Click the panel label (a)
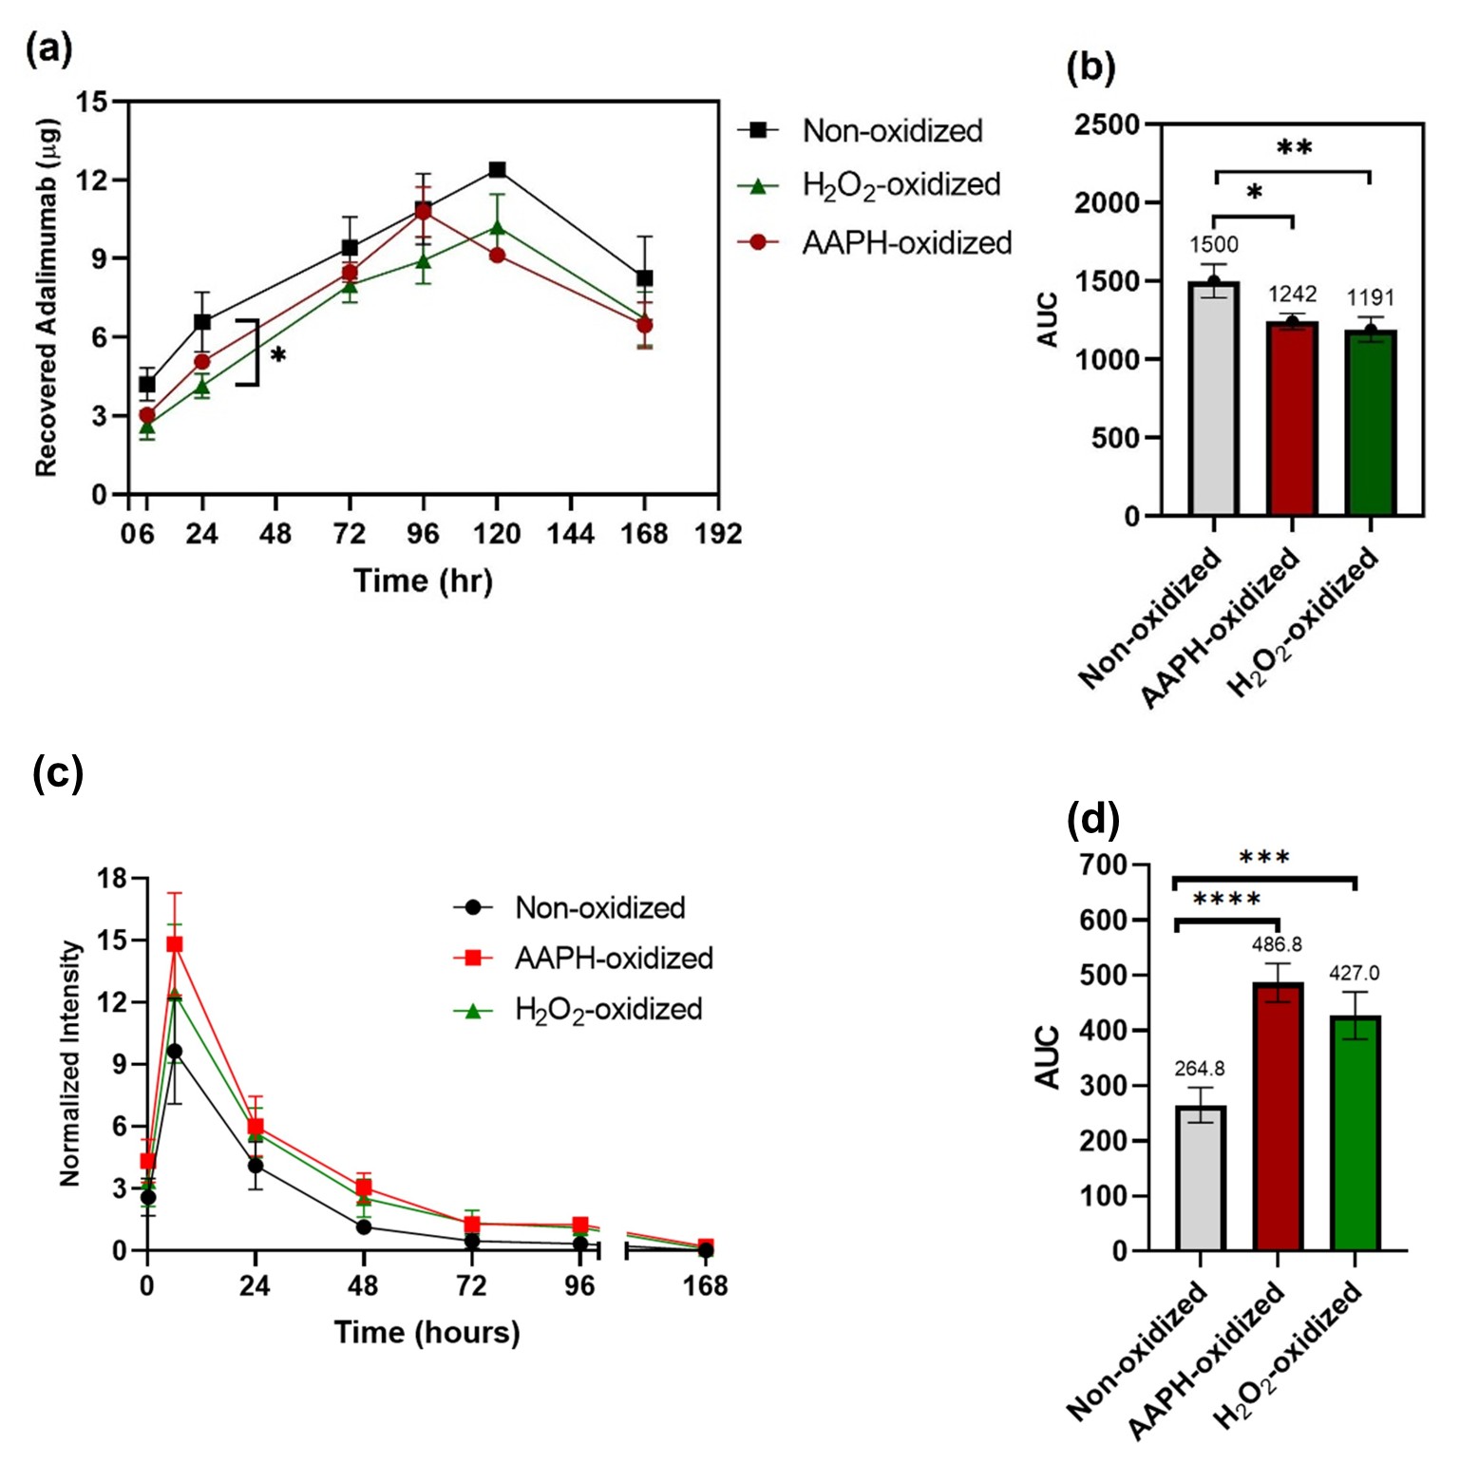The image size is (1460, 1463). point(49,48)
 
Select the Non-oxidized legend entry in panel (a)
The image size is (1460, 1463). point(891,131)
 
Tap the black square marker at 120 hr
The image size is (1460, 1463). point(497,170)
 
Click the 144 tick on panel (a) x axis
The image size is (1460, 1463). point(570,534)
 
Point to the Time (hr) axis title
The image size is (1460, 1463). point(423,580)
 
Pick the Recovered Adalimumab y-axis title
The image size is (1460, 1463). point(47,297)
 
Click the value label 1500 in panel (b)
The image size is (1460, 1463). point(1214,245)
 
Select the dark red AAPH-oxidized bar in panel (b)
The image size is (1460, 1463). point(1292,418)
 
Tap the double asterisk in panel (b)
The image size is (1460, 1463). point(1294,148)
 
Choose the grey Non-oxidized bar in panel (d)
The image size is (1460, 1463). point(1201,1178)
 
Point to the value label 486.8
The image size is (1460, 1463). point(1277,944)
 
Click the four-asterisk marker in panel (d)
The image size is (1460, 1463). point(1226,900)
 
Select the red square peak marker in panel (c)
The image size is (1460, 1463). point(175,944)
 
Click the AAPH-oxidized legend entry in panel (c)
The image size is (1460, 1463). point(613,959)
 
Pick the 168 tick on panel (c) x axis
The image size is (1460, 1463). point(705,1286)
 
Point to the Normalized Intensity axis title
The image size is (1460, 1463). point(70,1063)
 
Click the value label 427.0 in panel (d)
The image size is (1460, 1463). point(1355,974)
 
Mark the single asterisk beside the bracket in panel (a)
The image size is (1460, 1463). point(277,355)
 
